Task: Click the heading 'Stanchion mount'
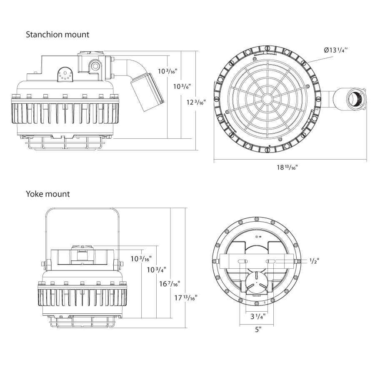pos(57,35)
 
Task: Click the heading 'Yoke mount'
pos(48,194)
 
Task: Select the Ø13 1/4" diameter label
pos(335,50)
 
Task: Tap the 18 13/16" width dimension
pos(287,167)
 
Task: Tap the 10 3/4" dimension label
pos(156,270)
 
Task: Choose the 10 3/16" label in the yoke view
pos(140,259)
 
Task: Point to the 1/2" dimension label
pos(315,261)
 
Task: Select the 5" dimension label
pos(258,330)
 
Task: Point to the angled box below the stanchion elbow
pos(147,91)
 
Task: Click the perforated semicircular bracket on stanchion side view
pos(65,75)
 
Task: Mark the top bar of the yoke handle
pos(82,208)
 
